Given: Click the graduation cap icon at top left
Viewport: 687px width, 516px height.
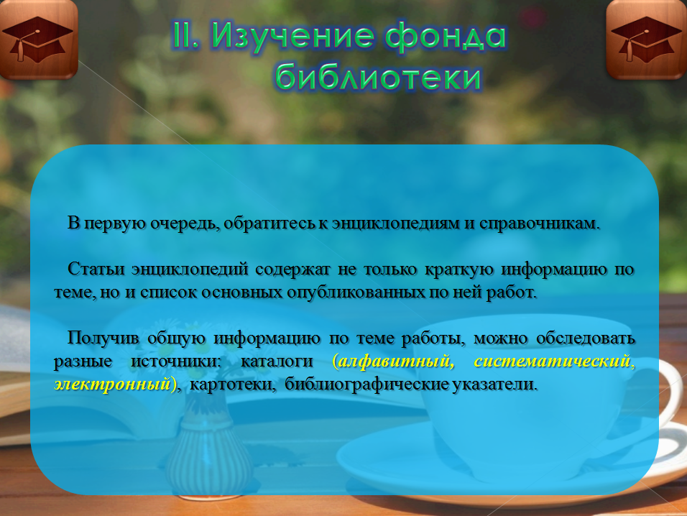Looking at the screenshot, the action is [x=39, y=40].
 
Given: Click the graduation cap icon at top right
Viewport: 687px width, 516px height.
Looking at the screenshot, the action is [x=647, y=40].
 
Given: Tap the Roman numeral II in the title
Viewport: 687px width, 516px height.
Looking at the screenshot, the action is [x=186, y=35].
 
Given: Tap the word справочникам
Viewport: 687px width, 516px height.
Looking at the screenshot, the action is [x=539, y=224].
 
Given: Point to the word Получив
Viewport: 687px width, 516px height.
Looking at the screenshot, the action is [x=103, y=338].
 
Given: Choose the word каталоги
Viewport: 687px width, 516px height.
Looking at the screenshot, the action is [x=277, y=361].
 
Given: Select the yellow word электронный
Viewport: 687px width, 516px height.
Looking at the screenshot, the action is [x=112, y=384].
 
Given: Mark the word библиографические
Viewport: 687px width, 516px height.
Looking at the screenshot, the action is [x=366, y=384].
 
